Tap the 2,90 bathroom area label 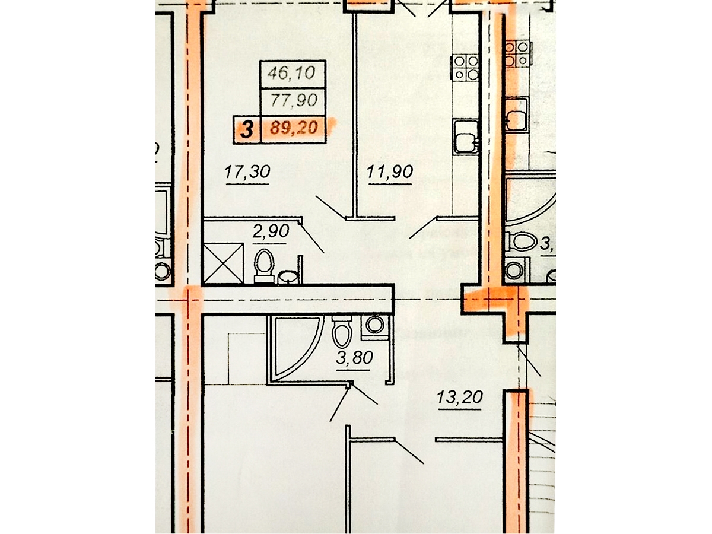pyautogui.click(x=271, y=231)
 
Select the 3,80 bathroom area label pyautogui.click(x=354, y=358)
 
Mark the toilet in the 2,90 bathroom pyautogui.click(x=263, y=265)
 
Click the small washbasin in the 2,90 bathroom pyautogui.click(x=288, y=278)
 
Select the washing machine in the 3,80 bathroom pyautogui.click(x=374, y=326)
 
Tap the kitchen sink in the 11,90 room pyautogui.click(x=465, y=137)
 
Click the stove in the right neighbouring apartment pyautogui.click(x=518, y=53)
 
